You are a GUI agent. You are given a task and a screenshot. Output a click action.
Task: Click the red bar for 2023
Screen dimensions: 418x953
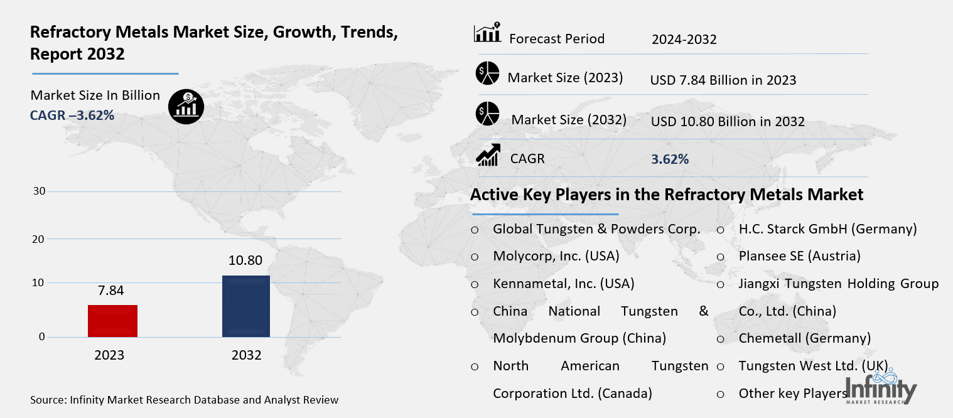[x=114, y=321]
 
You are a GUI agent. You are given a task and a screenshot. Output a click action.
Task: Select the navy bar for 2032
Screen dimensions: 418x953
[x=246, y=306]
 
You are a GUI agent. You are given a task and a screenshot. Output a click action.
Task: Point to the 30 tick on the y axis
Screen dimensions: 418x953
[x=39, y=191]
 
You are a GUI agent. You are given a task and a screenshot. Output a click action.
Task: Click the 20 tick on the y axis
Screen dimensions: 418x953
[x=39, y=238]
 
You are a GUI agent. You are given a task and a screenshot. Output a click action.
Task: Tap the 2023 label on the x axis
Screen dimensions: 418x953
[x=109, y=355]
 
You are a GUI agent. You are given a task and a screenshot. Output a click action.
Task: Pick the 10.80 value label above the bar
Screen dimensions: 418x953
[x=245, y=260]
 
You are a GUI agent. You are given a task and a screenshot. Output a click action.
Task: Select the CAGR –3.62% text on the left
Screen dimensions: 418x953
[x=72, y=115]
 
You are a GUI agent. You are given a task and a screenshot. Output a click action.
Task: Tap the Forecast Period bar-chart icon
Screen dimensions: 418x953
[x=487, y=33]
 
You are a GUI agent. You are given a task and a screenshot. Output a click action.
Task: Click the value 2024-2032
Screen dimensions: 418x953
[x=684, y=40]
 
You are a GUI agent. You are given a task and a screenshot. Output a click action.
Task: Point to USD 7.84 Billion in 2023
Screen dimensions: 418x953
[x=723, y=80]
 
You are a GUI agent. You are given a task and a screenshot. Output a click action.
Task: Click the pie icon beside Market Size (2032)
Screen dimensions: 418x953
[x=487, y=114]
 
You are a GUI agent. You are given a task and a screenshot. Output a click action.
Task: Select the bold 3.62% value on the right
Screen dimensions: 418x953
[x=670, y=159]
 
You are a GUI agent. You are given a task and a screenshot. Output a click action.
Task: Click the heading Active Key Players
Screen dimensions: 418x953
[x=667, y=195]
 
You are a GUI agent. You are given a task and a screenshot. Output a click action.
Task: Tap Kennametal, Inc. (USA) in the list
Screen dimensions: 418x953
[x=563, y=284]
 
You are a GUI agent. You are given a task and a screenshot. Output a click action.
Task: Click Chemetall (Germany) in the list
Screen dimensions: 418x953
[x=804, y=338]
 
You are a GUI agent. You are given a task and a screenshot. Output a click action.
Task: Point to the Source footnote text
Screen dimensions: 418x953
[x=184, y=400]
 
